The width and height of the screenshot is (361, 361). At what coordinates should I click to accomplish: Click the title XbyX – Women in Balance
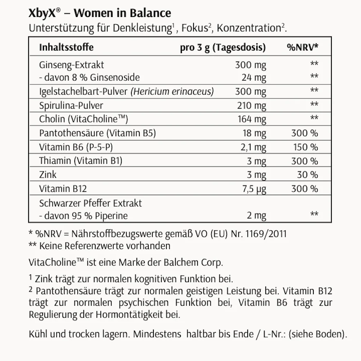click(100, 13)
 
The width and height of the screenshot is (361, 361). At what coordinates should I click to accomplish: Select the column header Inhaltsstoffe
click(66, 48)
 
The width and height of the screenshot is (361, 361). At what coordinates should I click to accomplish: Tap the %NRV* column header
click(303, 48)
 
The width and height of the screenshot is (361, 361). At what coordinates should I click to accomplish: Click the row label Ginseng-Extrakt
click(71, 65)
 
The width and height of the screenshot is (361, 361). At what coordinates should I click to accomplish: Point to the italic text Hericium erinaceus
click(173, 91)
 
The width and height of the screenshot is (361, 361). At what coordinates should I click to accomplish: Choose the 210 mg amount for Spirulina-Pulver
click(252, 105)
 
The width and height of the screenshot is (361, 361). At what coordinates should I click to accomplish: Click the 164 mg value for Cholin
click(252, 119)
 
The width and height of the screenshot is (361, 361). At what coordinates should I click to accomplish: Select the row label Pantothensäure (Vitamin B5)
click(97, 133)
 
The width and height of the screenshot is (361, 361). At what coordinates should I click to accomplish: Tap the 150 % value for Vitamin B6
click(305, 147)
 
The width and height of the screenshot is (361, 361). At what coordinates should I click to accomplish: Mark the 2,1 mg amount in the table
click(254, 147)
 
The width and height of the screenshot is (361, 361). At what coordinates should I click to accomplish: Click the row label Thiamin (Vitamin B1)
click(81, 161)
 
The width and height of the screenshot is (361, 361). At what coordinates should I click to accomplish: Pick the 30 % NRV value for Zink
click(307, 175)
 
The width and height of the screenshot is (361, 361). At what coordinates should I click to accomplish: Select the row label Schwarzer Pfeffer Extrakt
click(91, 203)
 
